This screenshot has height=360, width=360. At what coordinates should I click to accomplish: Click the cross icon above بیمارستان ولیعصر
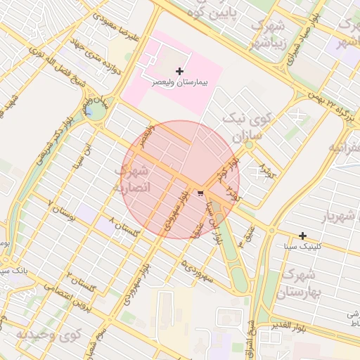pyautogui.click(x=180, y=71)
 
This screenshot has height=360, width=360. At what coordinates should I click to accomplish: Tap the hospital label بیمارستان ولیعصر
pyautogui.click(x=181, y=82)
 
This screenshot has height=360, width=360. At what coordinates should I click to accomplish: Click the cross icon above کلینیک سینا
pyautogui.click(x=302, y=236)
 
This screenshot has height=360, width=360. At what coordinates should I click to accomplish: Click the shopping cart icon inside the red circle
pyautogui.click(x=202, y=193)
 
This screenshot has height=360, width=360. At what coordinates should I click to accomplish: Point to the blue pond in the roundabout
pyautogui.click(x=89, y=111)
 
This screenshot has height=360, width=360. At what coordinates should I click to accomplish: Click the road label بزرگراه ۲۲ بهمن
pyautogui.click(x=333, y=104)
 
